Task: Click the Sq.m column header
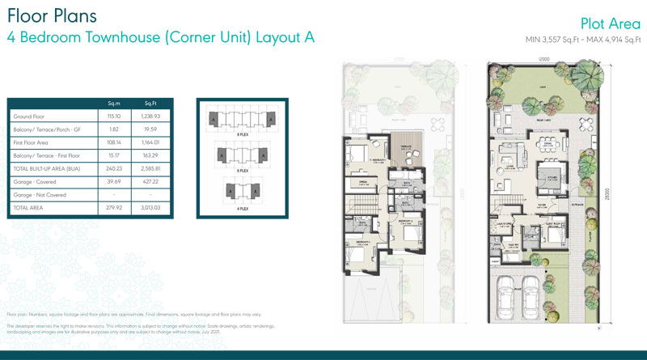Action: (114, 103)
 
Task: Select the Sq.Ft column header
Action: (150, 103)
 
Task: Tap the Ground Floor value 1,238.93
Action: (150, 116)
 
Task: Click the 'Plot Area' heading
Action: (611, 23)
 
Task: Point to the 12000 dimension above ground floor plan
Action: (536, 59)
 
